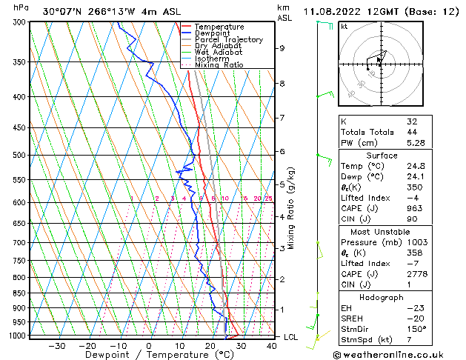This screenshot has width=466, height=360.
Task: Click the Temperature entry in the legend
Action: (x=219, y=27)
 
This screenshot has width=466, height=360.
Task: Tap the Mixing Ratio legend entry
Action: (x=219, y=65)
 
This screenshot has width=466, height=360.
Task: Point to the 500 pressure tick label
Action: (x=20, y=156)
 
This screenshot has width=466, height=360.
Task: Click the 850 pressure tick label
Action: (x=20, y=293)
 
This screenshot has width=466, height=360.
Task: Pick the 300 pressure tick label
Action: (x=20, y=22)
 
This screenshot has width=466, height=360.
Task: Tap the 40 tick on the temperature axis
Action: (x=271, y=345)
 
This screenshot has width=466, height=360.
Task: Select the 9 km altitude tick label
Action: (x=282, y=48)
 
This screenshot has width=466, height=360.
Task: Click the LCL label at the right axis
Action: (x=292, y=337)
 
